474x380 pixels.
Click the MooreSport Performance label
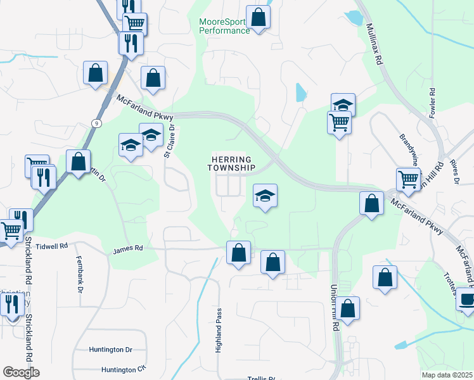coord(224,26)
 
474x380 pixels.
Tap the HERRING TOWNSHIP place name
coord(231,163)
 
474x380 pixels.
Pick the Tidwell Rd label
coord(51,246)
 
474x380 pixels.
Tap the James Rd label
coord(128,250)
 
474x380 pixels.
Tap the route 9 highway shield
coord(95,122)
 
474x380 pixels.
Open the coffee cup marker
coord(468,298)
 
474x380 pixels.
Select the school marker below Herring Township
coord(266,195)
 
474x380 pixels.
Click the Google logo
coord(21,372)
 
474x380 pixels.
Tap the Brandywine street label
coord(409,146)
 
